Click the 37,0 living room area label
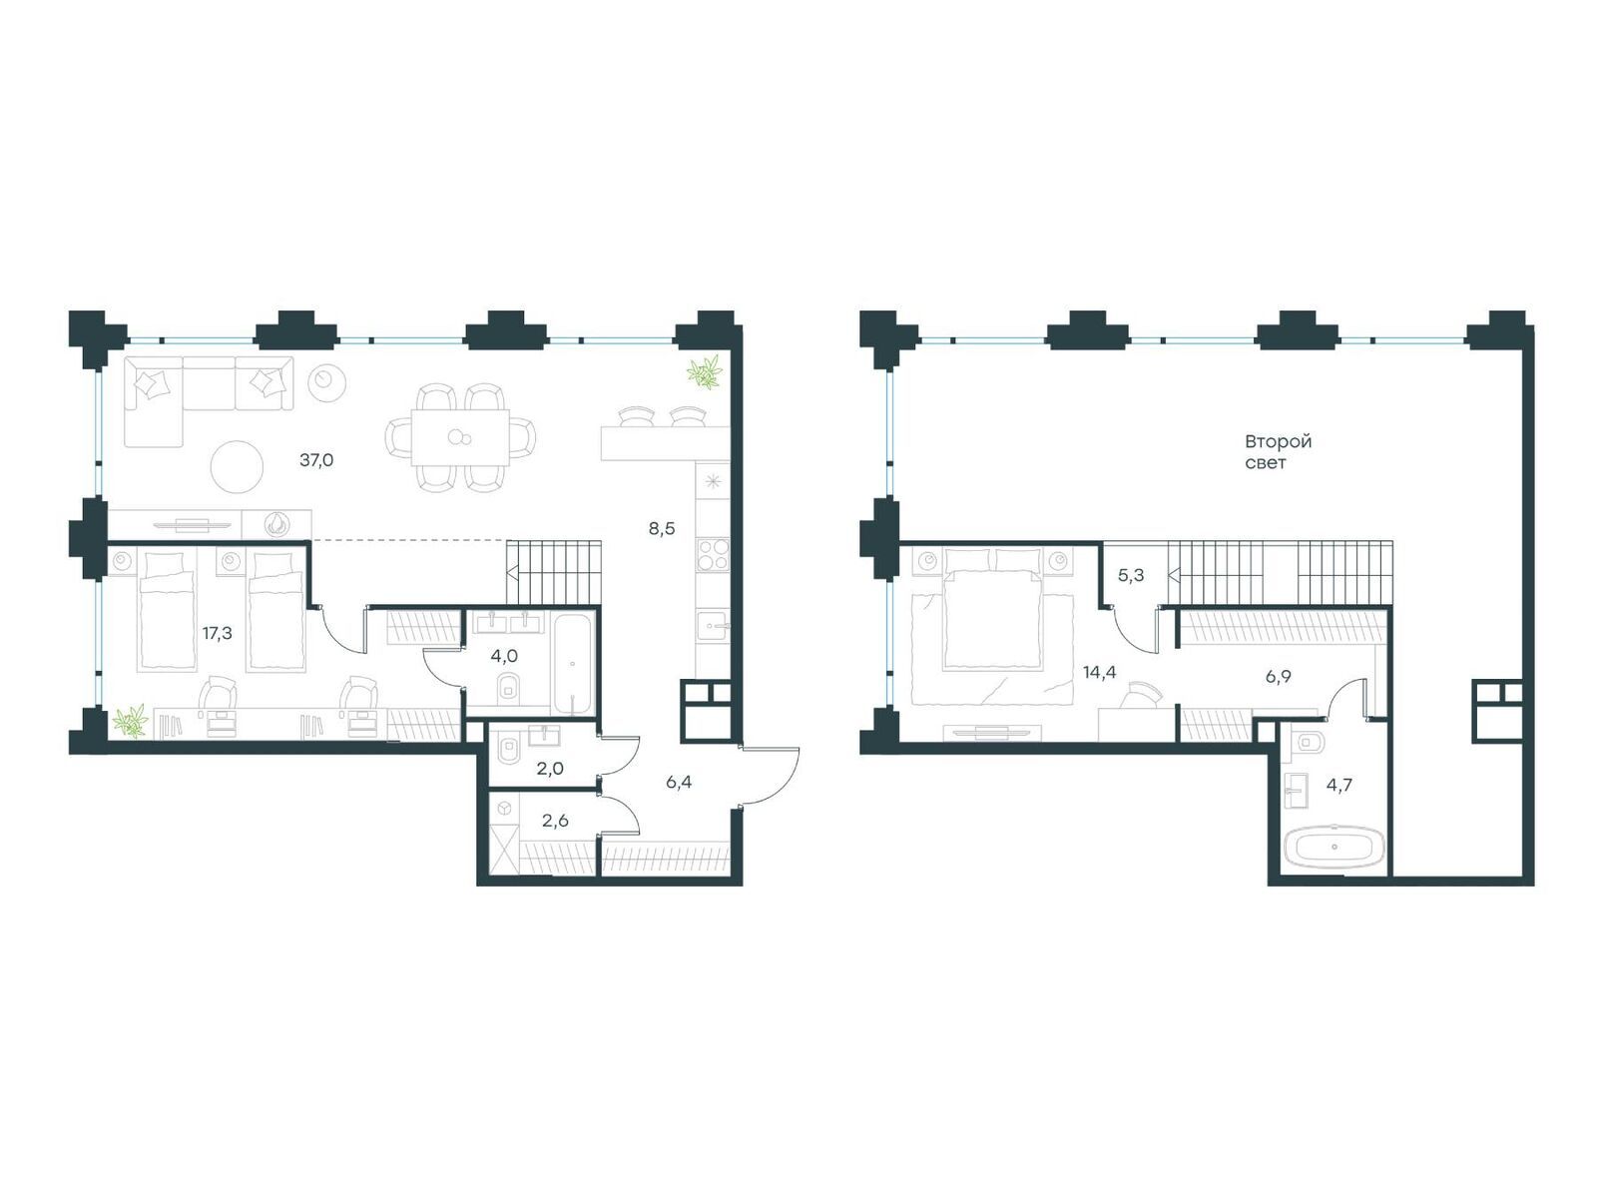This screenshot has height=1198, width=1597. pyautogui.click(x=316, y=459)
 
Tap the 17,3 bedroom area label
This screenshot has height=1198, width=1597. pyautogui.click(x=217, y=633)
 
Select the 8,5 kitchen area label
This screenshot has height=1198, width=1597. pyautogui.click(x=662, y=529)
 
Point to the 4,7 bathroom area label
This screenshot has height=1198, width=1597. pyautogui.click(x=1338, y=784)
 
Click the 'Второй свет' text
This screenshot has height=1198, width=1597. pyautogui.click(x=1277, y=451)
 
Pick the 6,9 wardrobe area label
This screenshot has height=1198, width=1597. pyautogui.click(x=1278, y=677)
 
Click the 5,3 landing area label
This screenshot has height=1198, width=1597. pyautogui.click(x=1131, y=575)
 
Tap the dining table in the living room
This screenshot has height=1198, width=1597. pyautogui.click(x=460, y=437)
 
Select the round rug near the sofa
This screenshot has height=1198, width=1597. pyautogui.click(x=238, y=466)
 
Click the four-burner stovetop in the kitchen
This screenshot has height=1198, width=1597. pyautogui.click(x=713, y=554)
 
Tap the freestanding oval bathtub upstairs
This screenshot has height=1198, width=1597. pyautogui.click(x=1333, y=846)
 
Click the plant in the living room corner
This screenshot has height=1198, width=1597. pyautogui.click(x=705, y=371)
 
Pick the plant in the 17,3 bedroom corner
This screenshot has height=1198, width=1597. pyautogui.click(x=131, y=721)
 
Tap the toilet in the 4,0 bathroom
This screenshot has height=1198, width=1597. pyautogui.click(x=509, y=685)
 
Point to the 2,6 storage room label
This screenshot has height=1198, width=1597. pyautogui.click(x=555, y=821)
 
